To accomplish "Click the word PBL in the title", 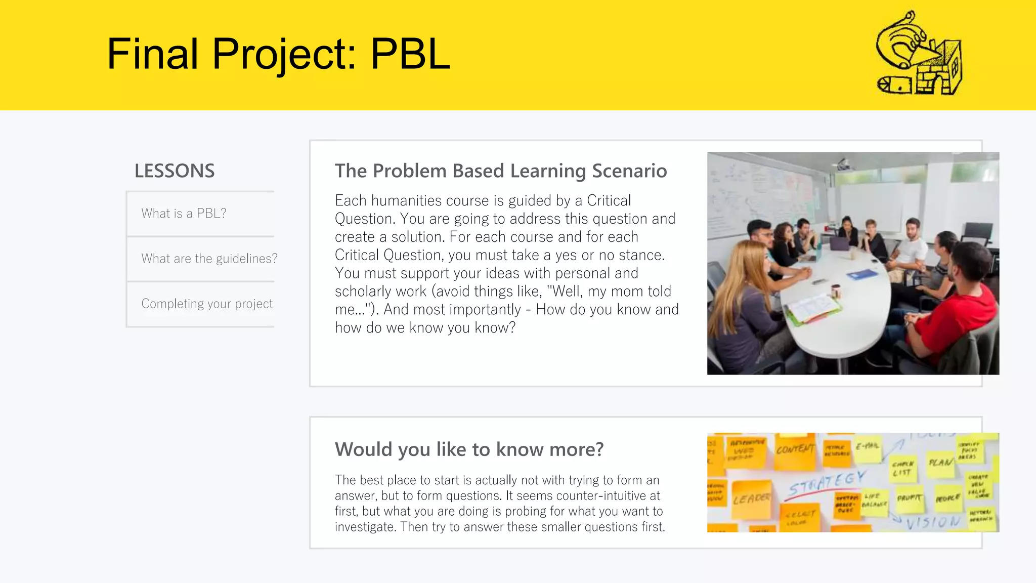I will click(410, 54).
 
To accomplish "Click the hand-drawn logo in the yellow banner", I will click(919, 55).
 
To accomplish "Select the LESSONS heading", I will click(175, 171).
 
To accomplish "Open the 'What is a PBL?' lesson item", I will click(184, 214).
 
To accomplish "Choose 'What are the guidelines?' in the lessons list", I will click(209, 259).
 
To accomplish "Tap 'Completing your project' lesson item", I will click(206, 304).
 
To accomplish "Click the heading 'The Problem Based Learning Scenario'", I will click(500, 171).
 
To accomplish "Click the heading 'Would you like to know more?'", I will click(469, 449).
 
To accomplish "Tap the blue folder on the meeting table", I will click(862, 275).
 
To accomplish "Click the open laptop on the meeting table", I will click(840, 244).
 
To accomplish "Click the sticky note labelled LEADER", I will click(752, 499).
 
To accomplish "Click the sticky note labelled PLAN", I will click(940, 462).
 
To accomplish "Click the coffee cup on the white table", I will click(836, 291).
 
